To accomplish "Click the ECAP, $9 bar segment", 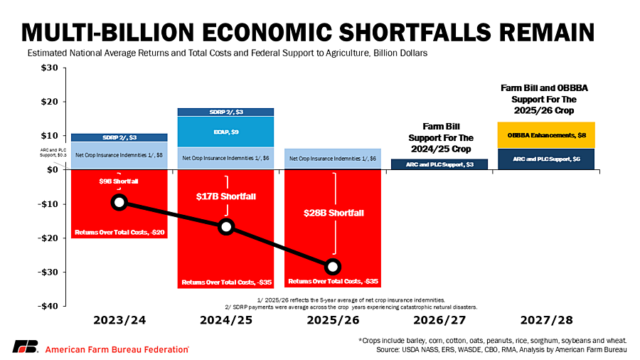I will (x=225, y=132).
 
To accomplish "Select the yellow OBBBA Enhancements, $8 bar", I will (x=546, y=135).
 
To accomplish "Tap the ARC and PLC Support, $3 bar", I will (x=439, y=164).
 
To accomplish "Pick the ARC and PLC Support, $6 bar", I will (x=546, y=159).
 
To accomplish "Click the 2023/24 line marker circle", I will (x=119, y=203).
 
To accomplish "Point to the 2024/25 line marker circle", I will (x=226, y=226).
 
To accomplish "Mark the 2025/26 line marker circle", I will (x=333, y=267).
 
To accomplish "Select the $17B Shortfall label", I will (x=225, y=196).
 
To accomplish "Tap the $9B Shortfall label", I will (x=119, y=181).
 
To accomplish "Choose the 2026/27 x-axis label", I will (x=439, y=320).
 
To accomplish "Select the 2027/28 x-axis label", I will (x=546, y=320).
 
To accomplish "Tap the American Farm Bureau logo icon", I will (x=26, y=347).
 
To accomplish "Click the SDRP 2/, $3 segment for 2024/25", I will (x=225, y=112).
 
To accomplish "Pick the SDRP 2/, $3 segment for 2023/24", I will (x=119, y=137).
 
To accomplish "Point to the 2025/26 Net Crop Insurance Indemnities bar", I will (x=332, y=159).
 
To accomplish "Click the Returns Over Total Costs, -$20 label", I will (x=119, y=233).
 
